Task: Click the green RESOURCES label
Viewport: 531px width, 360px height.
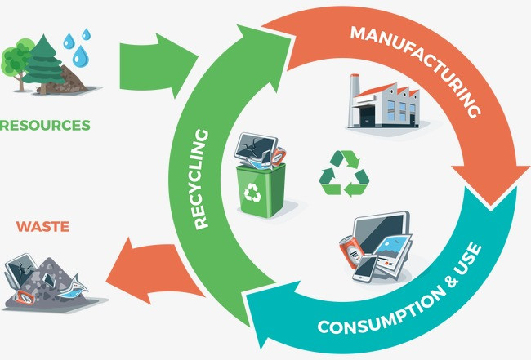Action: (45, 126)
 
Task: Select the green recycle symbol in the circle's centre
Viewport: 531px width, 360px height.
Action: (344, 172)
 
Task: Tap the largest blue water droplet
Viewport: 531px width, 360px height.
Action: (79, 56)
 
